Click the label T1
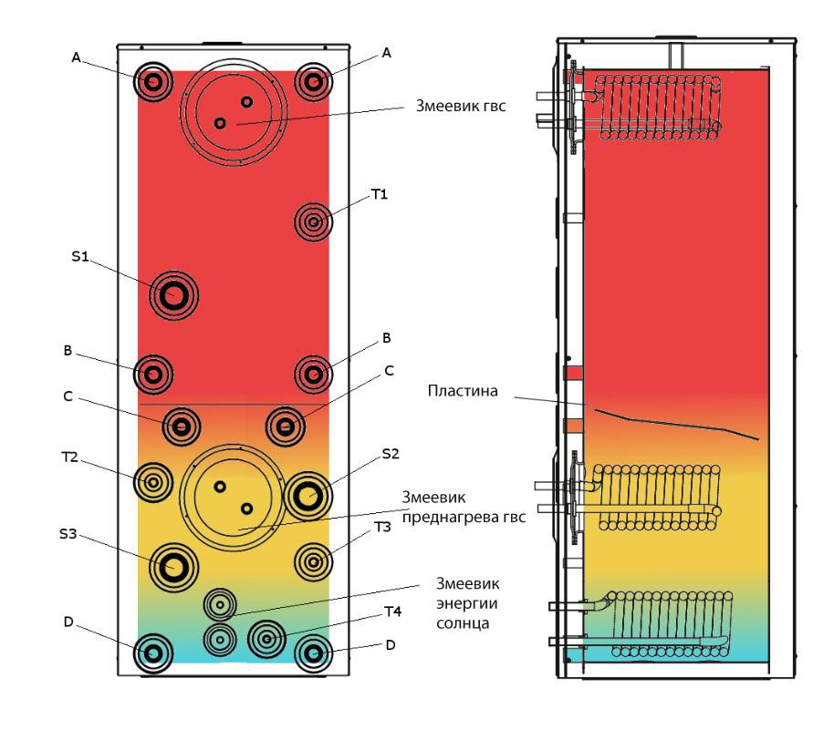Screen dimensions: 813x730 [380, 194]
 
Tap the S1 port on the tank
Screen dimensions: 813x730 [173, 295]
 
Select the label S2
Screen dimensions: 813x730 [391, 454]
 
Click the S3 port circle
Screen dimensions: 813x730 [173, 567]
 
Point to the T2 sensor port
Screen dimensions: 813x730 [153, 482]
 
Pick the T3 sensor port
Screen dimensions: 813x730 [314, 561]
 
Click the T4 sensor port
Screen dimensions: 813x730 [267, 640]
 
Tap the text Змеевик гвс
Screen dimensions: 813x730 [461, 106]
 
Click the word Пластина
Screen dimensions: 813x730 [463, 391]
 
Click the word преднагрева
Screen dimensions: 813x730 [443, 518]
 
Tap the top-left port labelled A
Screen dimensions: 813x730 [153, 82]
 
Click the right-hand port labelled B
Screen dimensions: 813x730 [314, 375]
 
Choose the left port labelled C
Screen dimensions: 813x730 [182, 427]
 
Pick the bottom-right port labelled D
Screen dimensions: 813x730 [314, 653]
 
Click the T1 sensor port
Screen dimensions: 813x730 [314, 222]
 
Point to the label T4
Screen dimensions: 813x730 [393, 612]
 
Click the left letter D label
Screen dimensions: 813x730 [68, 622]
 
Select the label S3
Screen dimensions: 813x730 [68, 534]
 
